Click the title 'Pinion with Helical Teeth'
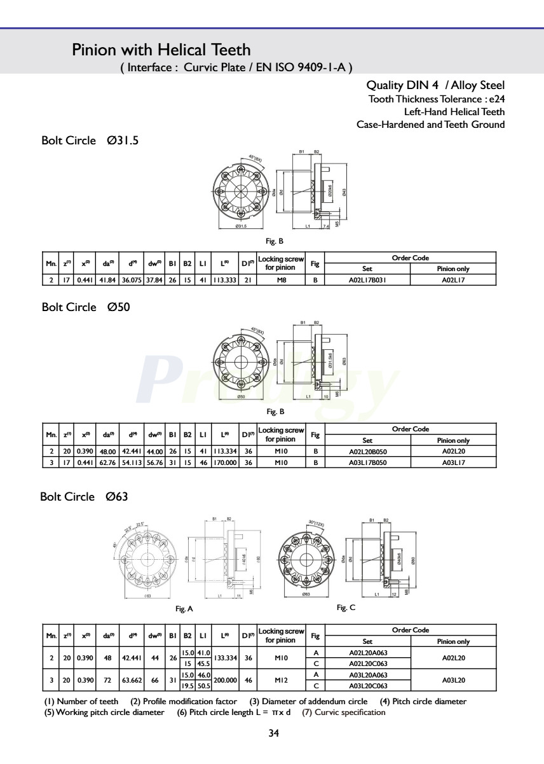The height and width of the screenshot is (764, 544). tap(161, 50)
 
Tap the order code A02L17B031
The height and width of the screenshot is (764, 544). tap(367, 279)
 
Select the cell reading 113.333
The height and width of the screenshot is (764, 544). tap(224, 279)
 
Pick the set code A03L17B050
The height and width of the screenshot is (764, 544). tap(367, 462)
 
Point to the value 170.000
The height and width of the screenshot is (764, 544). tap(224, 462)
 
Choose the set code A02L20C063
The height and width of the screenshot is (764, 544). tap(368, 663)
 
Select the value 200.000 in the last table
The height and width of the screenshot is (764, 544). tap(225, 680)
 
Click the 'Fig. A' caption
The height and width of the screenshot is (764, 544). tap(184, 609)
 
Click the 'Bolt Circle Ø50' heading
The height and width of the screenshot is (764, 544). tap(85, 307)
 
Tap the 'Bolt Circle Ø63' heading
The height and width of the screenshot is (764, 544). tap(84, 497)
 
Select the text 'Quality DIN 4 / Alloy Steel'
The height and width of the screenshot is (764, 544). tap(435, 86)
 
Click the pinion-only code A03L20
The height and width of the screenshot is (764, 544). tap(454, 680)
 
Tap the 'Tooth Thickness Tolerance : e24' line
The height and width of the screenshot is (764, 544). tap(437, 99)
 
